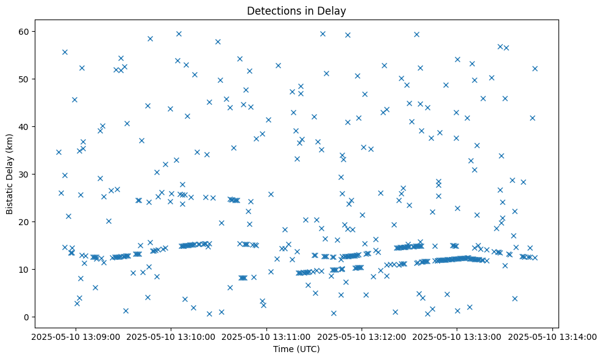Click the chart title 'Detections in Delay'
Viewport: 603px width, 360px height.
[x=296, y=10]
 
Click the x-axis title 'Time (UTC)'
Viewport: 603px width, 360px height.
[x=296, y=349]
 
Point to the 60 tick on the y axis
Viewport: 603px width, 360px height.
[x=33, y=31]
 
